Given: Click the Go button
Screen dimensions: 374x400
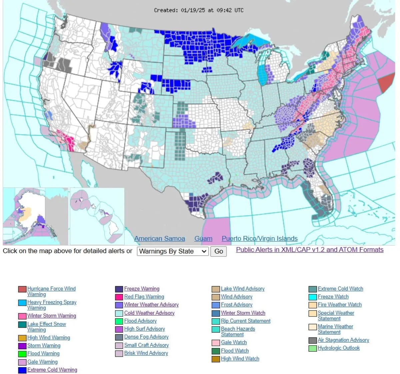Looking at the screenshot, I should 218,251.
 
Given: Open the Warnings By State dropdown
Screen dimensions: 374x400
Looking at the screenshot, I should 173,251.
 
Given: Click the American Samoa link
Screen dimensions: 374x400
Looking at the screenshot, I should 159,239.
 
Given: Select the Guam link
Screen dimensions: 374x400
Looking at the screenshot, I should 203,239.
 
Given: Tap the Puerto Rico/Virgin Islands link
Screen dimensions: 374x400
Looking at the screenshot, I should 260,239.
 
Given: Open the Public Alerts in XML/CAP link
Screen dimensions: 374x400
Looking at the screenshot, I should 310,250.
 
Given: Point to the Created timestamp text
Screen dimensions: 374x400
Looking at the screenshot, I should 199,10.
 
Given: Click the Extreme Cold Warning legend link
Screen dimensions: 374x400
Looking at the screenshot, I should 52,370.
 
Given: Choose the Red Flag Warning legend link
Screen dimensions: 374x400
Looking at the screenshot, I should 144,297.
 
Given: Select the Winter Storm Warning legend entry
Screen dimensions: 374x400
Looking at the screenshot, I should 52,316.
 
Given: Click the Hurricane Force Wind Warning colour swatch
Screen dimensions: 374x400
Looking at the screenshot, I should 22,289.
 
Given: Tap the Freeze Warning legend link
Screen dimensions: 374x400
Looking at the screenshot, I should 142,289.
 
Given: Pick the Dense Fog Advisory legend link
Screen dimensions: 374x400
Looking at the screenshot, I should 146,337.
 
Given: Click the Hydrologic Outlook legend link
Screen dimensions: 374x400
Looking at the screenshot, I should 339,348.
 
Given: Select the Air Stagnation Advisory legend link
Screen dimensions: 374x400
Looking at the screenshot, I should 343,340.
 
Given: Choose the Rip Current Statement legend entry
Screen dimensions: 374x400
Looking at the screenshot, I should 246,321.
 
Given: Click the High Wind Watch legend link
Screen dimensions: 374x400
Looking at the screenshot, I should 240,359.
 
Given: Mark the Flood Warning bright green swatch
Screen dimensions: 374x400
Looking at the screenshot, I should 22,354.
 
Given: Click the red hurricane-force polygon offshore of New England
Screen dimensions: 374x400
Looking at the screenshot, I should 387,83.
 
